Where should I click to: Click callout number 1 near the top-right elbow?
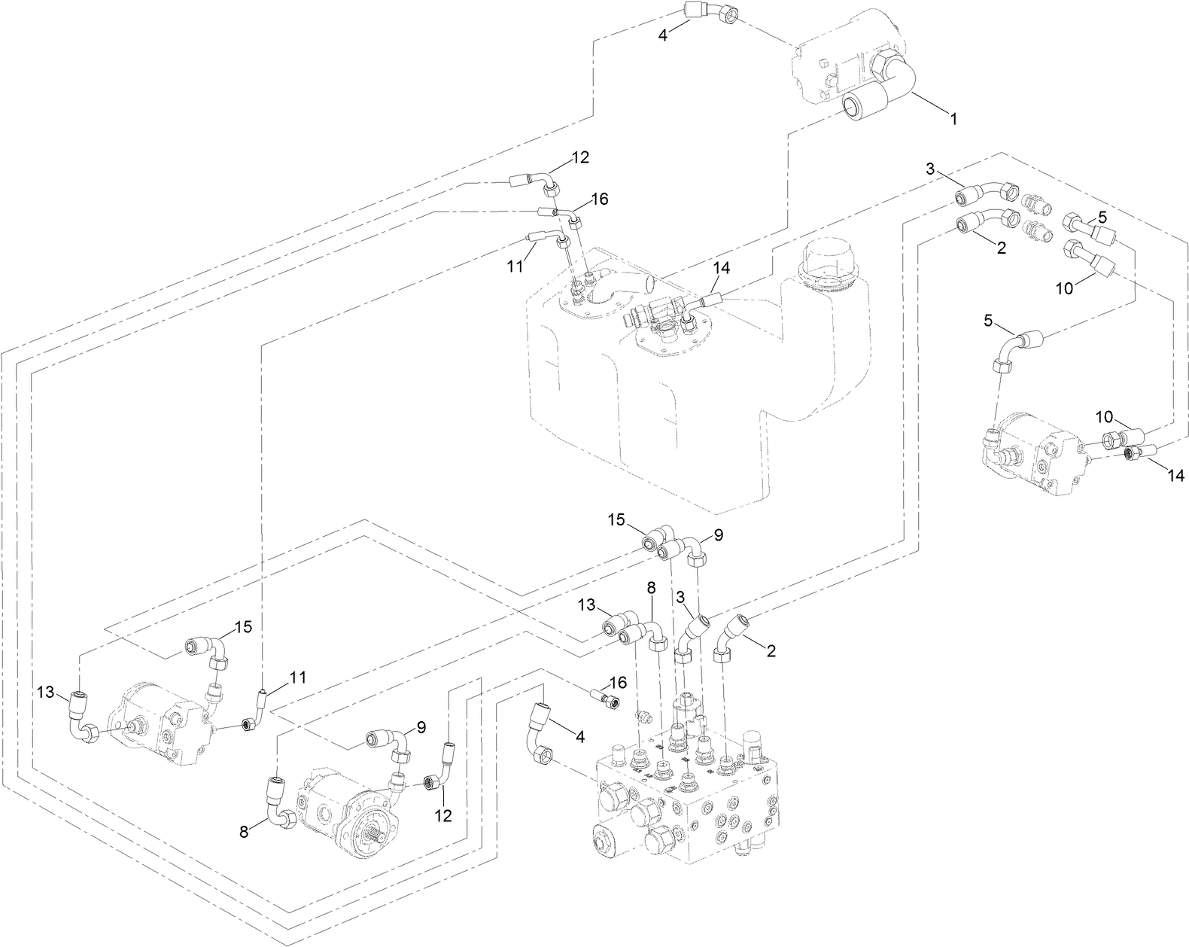[953, 119]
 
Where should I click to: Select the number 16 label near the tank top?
[599, 199]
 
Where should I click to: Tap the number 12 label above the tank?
[579, 157]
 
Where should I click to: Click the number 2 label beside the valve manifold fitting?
[771, 650]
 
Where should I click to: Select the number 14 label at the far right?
[1175, 475]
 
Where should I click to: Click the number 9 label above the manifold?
[718, 535]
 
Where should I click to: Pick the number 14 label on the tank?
[722, 267]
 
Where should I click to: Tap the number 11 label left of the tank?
[514, 266]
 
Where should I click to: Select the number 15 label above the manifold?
[616, 519]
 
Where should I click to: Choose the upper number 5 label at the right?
[1102, 217]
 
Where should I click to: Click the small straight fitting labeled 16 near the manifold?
[606, 698]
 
